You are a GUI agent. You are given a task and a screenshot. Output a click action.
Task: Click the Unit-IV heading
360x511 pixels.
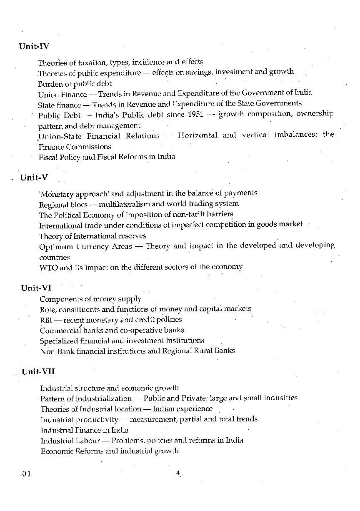(34, 46)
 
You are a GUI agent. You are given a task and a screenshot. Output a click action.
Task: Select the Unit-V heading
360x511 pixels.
(34, 178)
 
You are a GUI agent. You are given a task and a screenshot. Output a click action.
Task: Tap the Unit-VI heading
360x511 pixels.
(36, 288)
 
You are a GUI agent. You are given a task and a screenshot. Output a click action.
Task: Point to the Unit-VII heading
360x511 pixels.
(38, 372)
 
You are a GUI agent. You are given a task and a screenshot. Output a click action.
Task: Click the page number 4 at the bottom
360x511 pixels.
(178, 473)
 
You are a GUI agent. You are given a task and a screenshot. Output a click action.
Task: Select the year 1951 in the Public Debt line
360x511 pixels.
(196, 115)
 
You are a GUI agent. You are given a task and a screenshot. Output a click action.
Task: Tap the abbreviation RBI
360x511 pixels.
(45, 320)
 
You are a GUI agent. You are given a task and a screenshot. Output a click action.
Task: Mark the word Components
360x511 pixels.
(60, 299)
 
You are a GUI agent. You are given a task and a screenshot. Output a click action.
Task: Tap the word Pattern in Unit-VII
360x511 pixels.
(52, 398)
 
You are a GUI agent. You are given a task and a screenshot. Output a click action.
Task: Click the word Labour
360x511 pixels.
(87, 441)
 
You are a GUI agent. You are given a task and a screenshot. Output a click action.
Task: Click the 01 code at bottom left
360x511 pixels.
(26, 474)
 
